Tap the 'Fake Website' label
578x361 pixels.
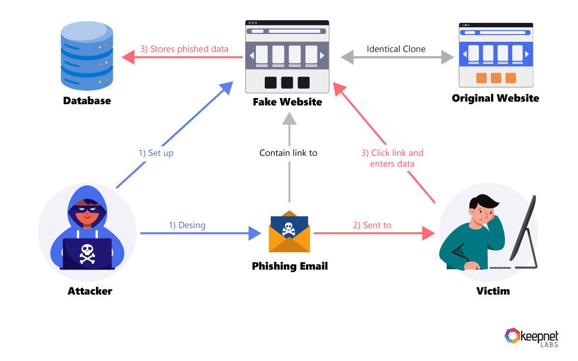coord(287,103)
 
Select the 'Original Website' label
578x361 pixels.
coord(495,99)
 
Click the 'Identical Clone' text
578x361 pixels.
coord(396,49)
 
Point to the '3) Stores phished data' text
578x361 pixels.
coord(184,49)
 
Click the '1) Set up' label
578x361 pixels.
coord(156,153)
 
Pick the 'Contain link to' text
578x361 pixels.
coord(288,153)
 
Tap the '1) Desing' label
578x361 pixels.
coord(187,226)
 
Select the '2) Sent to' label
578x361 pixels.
coord(372,226)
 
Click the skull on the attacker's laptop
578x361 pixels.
coord(86,253)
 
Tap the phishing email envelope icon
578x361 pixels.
coord(288,231)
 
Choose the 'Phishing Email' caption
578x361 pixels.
coord(290,266)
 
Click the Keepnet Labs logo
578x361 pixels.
coord(531,337)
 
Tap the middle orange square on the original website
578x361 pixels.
coord(496,78)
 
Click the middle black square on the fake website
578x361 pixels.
coord(286,82)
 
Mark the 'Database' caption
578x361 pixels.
coord(86,101)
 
